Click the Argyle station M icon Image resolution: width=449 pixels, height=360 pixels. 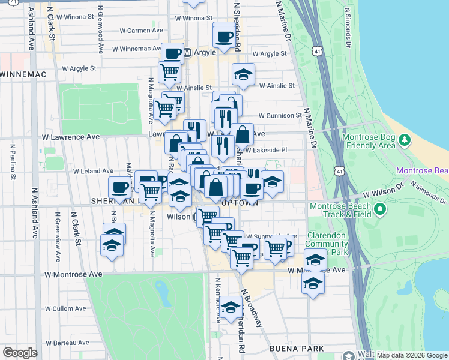(x=187, y=53)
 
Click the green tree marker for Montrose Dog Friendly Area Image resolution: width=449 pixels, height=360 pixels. (x=405, y=140)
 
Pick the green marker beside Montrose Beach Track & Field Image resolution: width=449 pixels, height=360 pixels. (x=379, y=209)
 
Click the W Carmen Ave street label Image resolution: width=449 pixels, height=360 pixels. (x=142, y=30)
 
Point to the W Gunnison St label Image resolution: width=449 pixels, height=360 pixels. (x=280, y=115)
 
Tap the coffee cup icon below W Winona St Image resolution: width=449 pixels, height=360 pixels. (x=223, y=36)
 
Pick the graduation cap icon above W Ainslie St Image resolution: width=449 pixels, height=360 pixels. (x=243, y=75)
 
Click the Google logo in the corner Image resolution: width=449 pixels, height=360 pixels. (x=20, y=353)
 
